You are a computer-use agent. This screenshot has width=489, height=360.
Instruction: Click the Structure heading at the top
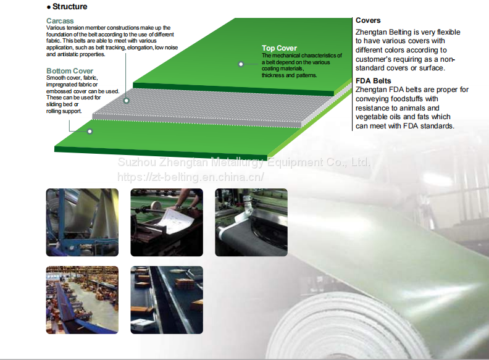point(70,7)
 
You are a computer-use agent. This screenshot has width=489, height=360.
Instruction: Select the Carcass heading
point(59,21)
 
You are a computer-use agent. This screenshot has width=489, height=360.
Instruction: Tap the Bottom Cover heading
point(70,71)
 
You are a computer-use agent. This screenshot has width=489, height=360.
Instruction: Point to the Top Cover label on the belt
point(279,48)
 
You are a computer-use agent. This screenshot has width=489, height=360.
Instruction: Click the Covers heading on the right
point(368,20)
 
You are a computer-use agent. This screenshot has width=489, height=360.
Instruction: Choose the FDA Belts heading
point(373,81)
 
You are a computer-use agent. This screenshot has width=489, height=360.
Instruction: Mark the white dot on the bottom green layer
point(90,131)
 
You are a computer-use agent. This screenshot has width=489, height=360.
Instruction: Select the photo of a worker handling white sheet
point(167,222)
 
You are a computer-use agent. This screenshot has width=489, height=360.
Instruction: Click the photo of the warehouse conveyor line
point(82,300)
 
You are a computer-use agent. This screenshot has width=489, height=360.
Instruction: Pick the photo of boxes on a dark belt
point(167,300)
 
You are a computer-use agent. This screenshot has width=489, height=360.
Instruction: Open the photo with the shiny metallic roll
point(82,222)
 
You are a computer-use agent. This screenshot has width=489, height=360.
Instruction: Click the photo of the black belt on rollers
point(251,222)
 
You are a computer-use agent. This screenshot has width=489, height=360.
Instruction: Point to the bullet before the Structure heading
point(49,7)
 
